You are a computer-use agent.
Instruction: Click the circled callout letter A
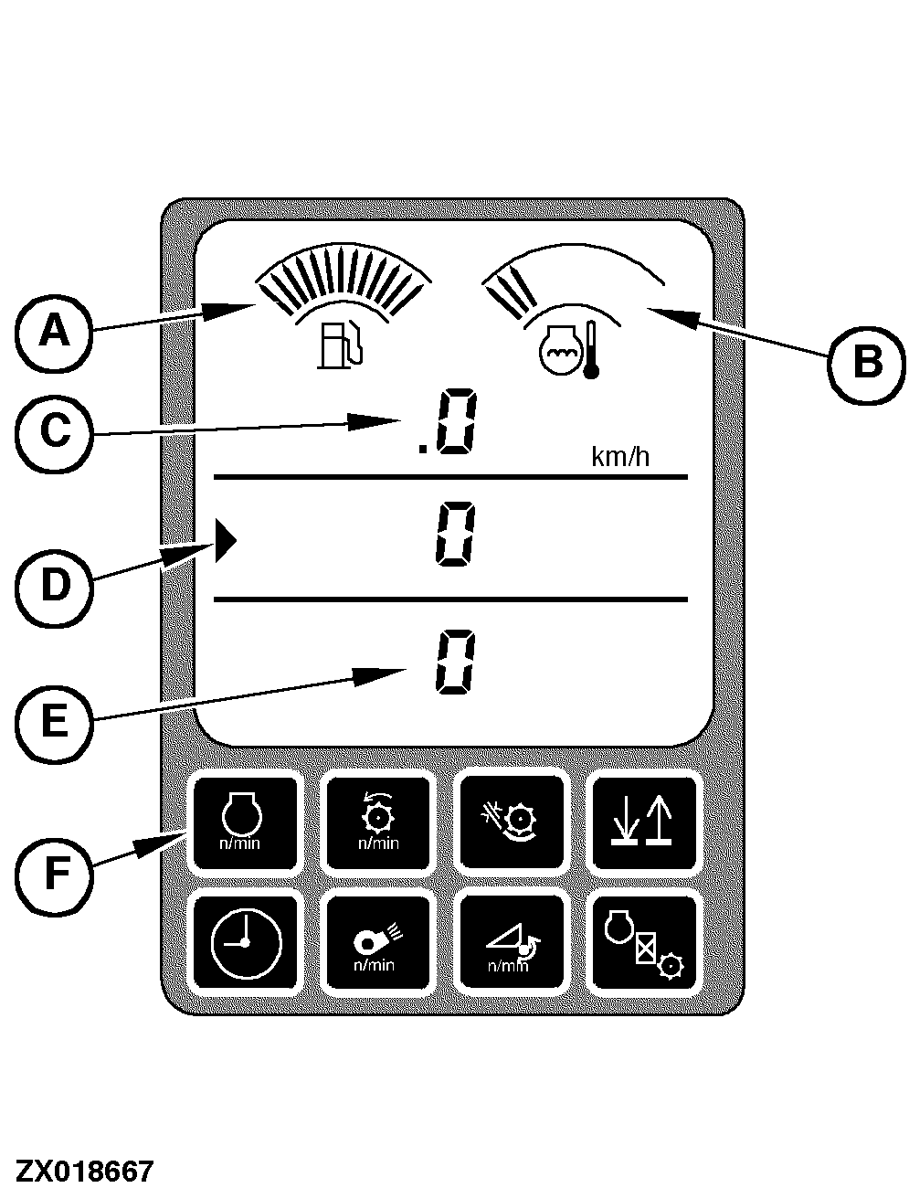(x=54, y=331)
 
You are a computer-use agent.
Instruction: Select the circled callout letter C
(x=54, y=430)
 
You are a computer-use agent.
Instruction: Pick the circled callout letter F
(x=54, y=874)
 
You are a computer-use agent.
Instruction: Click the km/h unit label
(x=620, y=456)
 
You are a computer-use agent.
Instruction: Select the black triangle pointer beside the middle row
(x=226, y=543)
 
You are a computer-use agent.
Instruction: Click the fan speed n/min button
(x=377, y=943)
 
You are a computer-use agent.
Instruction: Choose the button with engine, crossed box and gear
(x=642, y=943)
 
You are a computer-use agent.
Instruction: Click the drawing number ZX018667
(x=83, y=1171)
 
